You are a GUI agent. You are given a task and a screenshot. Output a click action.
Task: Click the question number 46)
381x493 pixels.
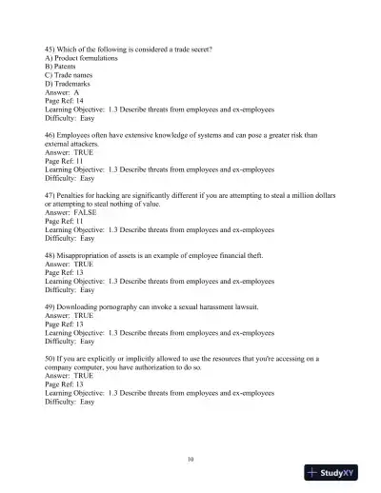pyautogui.click(x=50, y=135)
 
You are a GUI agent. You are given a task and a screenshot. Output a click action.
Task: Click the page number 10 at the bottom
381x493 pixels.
pyautogui.click(x=190, y=459)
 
